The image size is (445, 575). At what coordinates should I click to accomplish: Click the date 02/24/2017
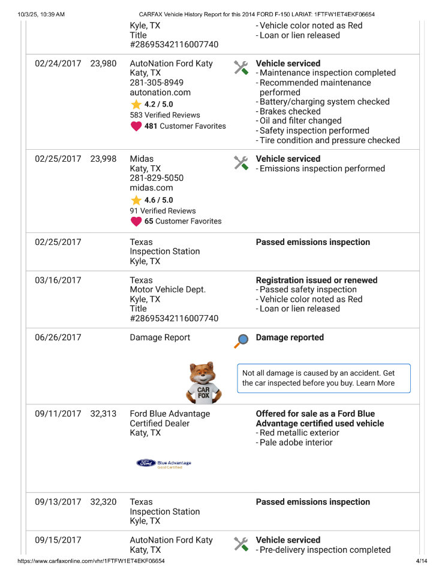[58, 63]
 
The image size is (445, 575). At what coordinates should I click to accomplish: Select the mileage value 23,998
[103, 159]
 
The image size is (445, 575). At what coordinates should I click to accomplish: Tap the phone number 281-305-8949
[157, 83]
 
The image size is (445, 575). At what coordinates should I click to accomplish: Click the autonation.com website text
[160, 92]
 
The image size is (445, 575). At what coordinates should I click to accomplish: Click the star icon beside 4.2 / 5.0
[136, 104]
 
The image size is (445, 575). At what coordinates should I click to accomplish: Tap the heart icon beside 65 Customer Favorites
[136, 221]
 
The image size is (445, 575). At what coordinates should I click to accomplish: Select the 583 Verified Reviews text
[165, 115]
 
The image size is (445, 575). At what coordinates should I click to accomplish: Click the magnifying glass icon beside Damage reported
[241, 341]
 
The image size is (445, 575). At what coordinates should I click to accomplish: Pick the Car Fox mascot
[205, 382]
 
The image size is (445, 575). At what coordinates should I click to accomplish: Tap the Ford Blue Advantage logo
[163, 463]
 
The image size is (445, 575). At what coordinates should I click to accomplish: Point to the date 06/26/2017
[58, 338]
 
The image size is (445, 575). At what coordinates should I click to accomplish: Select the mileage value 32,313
[103, 414]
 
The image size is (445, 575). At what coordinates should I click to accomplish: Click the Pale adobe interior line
[296, 443]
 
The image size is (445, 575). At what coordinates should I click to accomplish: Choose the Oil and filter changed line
[300, 121]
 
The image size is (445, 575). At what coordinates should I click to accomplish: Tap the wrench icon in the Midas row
[241, 162]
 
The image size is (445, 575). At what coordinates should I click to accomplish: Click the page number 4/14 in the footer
[421, 561]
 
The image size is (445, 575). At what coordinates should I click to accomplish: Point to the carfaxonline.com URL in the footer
[91, 561]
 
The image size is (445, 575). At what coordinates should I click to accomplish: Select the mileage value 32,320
[103, 503]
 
